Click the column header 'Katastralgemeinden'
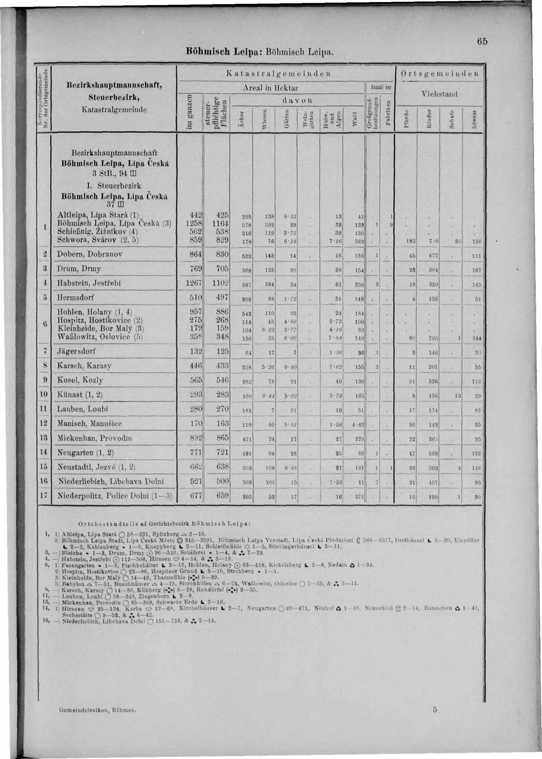pyautogui.click(x=278, y=73)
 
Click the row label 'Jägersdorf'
pyautogui.click(x=76, y=351)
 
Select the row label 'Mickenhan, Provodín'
pyautogui.click(x=95, y=438)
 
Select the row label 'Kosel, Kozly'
pyautogui.click(x=80, y=380)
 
